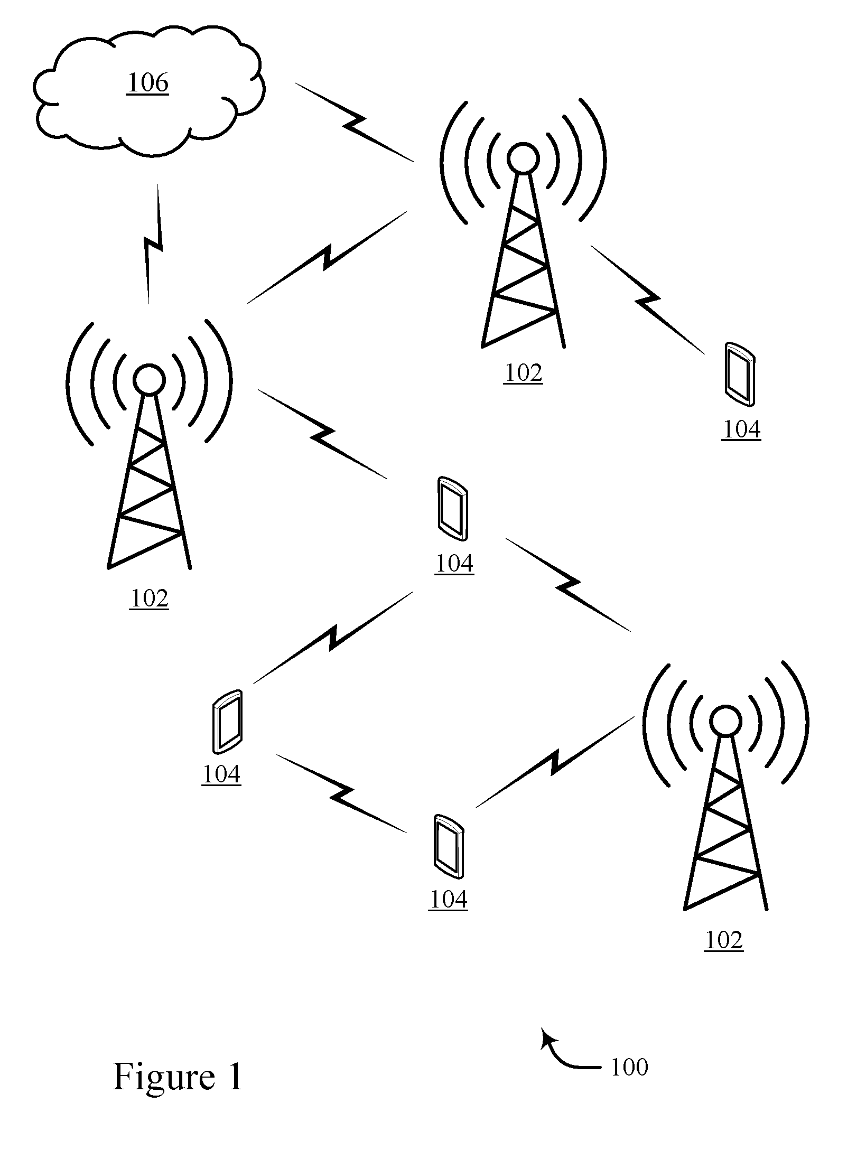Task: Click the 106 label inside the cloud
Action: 147,83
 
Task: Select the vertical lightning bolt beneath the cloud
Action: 153,244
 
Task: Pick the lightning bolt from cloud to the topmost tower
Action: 354,122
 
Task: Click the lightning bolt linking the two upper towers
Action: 327,258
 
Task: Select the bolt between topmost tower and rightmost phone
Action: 647,300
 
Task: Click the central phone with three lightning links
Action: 453,508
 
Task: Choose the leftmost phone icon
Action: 228,721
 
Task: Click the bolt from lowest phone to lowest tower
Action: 555,762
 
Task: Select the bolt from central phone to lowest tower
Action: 568,585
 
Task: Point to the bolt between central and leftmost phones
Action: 333,638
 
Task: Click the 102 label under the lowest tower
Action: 724,940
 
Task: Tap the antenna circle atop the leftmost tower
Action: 149,379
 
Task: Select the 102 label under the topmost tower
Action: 523,373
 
